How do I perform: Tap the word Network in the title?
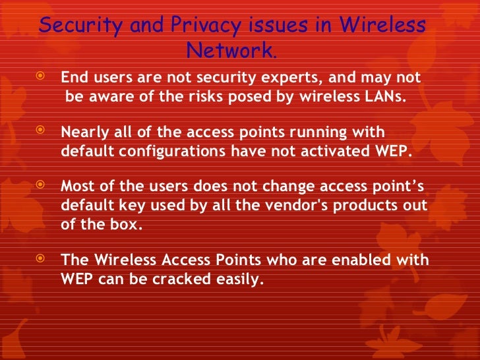(x=228, y=50)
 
